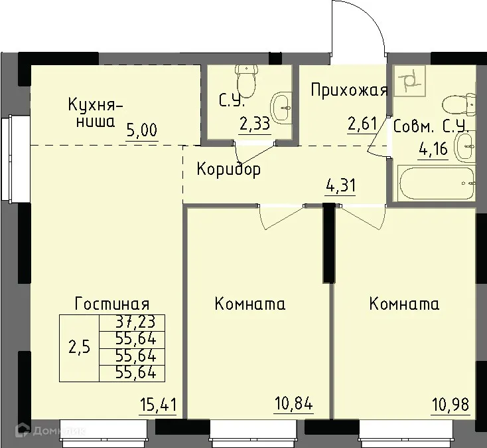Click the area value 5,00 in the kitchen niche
click(x=142, y=129)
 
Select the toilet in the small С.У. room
click(x=247, y=80)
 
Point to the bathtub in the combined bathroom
click(x=435, y=183)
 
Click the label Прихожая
click(x=349, y=91)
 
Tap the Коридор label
click(x=228, y=169)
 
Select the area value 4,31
click(x=341, y=185)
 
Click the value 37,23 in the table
click(x=131, y=322)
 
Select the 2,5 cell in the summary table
click(x=79, y=347)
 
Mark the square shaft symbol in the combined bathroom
click(x=409, y=80)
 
